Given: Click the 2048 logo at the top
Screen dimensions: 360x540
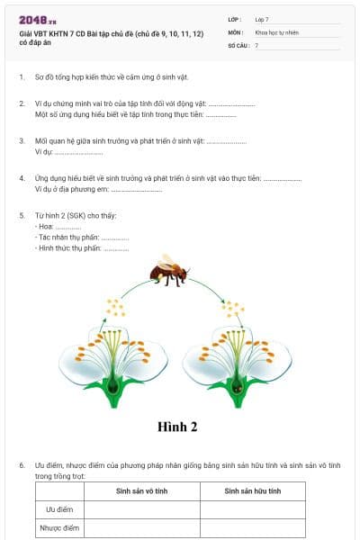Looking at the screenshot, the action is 37,19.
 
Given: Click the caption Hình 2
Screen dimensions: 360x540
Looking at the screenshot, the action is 176,426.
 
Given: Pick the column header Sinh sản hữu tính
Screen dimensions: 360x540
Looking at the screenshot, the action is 252,490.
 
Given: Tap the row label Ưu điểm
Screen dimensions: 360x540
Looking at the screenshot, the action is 59,509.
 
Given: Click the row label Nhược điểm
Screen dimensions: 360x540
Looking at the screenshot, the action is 59,528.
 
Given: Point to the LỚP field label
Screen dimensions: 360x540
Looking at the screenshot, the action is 235,19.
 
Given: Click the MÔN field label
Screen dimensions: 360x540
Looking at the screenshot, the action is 235,31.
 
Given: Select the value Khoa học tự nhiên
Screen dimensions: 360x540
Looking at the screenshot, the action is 274,31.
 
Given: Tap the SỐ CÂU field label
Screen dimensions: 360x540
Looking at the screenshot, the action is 238,44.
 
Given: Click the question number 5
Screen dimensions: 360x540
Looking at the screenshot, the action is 22,215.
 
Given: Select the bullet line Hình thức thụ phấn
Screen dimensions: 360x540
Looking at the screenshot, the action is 83,248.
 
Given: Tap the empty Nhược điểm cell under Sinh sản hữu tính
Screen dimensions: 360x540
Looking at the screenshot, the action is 252,528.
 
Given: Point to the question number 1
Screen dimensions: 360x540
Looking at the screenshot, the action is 22,77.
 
